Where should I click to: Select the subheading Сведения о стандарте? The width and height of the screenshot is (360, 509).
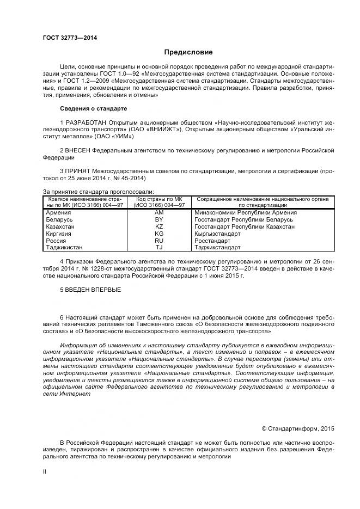(x=93, y=108)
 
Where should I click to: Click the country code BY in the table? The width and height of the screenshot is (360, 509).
(x=159, y=219)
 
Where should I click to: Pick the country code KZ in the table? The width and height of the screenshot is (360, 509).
(x=159, y=226)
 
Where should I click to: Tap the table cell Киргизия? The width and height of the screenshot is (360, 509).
(x=59, y=233)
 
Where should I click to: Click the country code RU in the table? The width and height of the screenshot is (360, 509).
(x=159, y=240)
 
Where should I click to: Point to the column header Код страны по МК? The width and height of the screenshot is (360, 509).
(x=159, y=199)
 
